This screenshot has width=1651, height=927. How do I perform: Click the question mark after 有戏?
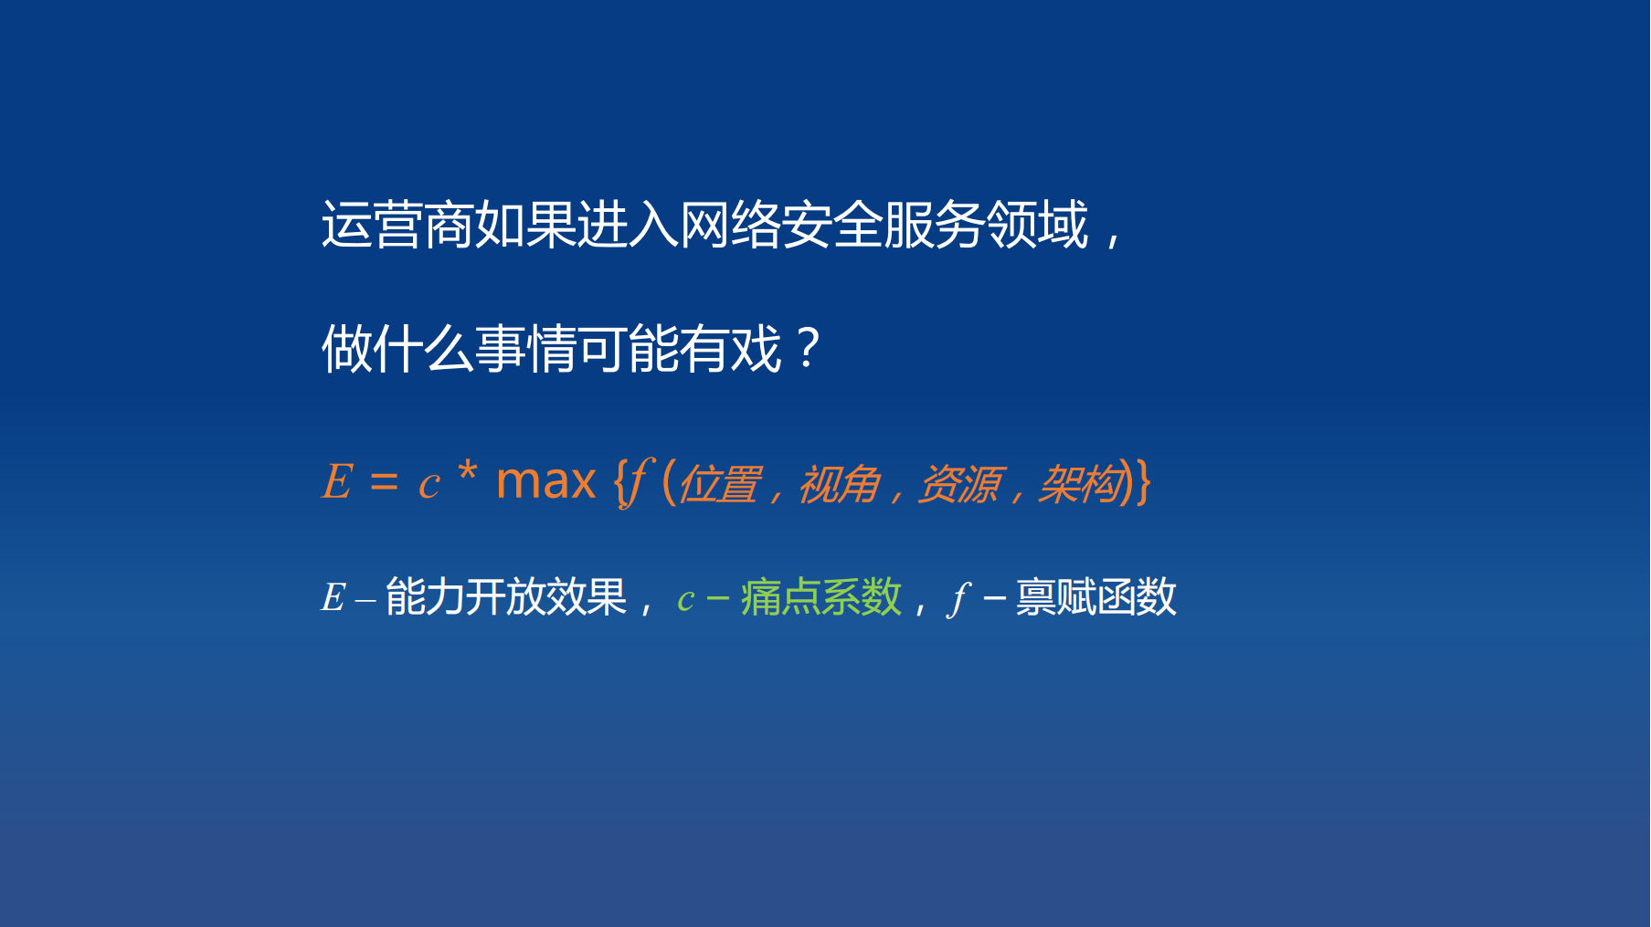click(x=808, y=348)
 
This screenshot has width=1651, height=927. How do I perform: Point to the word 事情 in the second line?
click(x=525, y=349)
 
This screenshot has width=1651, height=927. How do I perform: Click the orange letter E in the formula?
click(x=337, y=481)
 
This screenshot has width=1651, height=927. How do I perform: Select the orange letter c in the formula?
click(x=429, y=485)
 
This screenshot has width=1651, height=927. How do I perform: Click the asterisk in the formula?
click(x=467, y=473)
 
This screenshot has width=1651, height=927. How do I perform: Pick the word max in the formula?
click(x=545, y=481)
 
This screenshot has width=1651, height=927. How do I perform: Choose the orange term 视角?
click(x=839, y=484)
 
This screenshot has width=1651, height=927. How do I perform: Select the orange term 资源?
click(x=958, y=484)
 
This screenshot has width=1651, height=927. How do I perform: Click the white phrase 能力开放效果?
click(x=505, y=598)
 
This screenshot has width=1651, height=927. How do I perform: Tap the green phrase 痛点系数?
click(x=820, y=598)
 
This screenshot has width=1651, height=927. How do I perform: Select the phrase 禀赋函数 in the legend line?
click(x=1095, y=598)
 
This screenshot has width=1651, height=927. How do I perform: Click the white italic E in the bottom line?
click(x=333, y=598)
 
